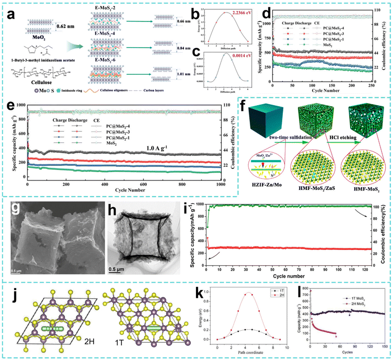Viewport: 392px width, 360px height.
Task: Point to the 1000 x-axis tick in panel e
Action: coord(220,184)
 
